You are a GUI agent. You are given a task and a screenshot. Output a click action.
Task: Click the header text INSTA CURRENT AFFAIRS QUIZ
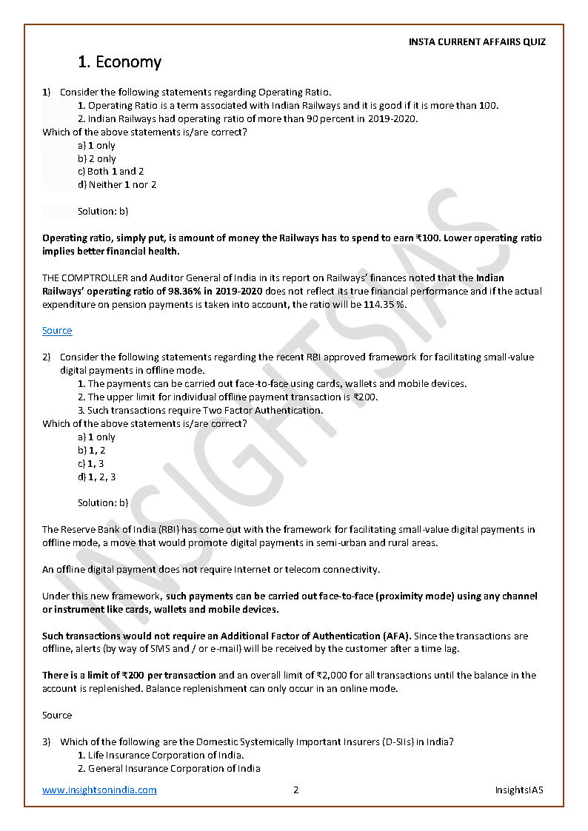[x=477, y=42]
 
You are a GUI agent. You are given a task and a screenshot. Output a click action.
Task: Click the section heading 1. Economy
[x=119, y=62]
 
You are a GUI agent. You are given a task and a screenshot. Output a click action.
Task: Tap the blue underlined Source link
[x=57, y=331]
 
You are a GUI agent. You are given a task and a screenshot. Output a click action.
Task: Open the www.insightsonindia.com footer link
[x=99, y=790]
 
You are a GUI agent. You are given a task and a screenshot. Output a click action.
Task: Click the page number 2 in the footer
[x=295, y=790]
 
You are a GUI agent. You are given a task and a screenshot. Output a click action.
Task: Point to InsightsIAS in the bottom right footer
[x=518, y=790]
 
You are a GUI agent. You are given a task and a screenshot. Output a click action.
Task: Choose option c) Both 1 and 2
[x=110, y=172]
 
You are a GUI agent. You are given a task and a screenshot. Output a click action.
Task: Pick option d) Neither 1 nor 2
[x=117, y=185]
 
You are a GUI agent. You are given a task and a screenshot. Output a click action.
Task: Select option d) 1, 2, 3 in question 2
[x=96, y=477]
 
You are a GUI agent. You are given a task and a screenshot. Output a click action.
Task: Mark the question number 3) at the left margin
[x=47, y=742]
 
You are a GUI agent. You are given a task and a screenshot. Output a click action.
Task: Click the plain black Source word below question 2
[x=57, y=716]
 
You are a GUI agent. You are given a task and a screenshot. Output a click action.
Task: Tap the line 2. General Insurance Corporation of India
[x=169, y=769]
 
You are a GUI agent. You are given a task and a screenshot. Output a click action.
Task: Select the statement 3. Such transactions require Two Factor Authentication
[x=200, y=411]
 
